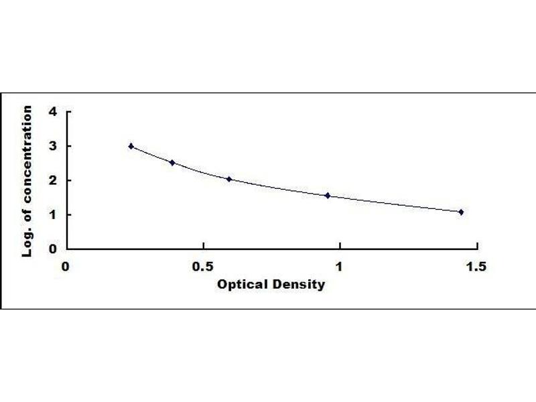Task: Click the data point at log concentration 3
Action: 131,146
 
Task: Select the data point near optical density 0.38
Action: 172,163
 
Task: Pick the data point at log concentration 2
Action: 229,179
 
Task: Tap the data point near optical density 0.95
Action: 328,196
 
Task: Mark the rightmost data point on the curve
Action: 461,212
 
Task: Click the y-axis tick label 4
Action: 53,111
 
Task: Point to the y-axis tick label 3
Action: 53,146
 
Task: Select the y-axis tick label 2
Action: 53,180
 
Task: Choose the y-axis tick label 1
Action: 53,214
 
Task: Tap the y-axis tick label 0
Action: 53,249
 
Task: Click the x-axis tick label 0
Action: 65,267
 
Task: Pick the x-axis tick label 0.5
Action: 203,267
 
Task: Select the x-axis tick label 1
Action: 339,267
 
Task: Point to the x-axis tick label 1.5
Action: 476,267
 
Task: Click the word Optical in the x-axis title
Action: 243,284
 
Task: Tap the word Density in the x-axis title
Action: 299,284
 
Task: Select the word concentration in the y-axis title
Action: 27,154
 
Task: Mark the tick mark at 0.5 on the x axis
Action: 204,246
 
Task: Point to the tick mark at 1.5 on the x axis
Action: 477,246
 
